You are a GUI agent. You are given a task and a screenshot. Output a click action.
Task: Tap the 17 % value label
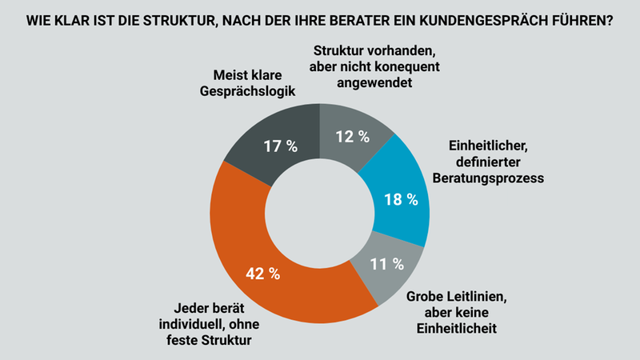pos(280,146)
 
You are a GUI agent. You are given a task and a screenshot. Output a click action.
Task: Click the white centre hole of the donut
pos(320,214)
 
